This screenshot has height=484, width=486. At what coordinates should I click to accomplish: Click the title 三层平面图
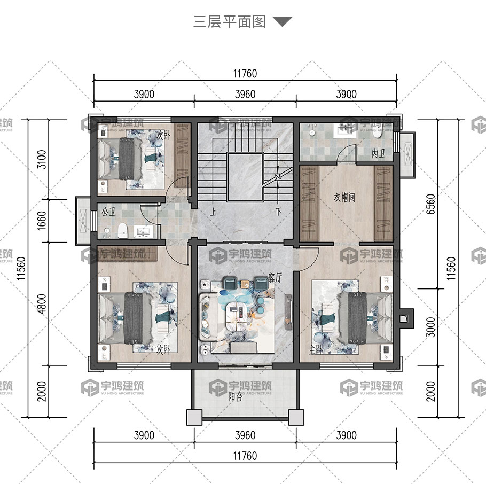pyautogui.click(x=229, y=22)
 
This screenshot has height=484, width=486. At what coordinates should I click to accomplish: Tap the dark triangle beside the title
pyautogui.click(x=283, y=21)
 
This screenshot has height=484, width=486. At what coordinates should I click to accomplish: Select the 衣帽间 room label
pyautogui.click(x=344, y=197)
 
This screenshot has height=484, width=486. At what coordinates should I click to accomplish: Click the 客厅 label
pyautogui.click(x=275, y=278)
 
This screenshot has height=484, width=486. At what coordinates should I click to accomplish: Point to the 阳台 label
pyautogui.click(x=236, y=396)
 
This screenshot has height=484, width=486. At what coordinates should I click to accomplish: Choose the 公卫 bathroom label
pyautogui.click(x=108, y=212)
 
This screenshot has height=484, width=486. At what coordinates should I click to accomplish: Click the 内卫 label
pyautogui.click(x=379, y=153)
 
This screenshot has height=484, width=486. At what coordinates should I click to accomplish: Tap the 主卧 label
pyautogui.click(x=316, y=350)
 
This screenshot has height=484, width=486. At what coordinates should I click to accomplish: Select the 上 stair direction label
pyautogui.click(x=213, y=212)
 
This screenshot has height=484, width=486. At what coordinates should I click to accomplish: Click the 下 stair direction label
pyautogui.click(x=278, y=212)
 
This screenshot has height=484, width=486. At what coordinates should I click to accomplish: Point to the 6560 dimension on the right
pyautogui.click(x=430, y=204)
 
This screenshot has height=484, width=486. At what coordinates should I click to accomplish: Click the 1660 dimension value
pyautogui.click(x=41, y=221)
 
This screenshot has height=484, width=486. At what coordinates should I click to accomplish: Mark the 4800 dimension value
pyautogui.click(x=41, y=304)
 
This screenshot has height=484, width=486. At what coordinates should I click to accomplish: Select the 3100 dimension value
pyautogui.click(x=41, y=159)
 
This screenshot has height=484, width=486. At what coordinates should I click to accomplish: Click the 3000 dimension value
pyautogui.click(x=430, y=327)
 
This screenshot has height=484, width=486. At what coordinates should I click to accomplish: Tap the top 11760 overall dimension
pyautogui.click(x=245, y=74)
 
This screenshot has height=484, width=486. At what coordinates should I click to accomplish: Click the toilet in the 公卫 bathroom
pyautogui.click(x=123, y=230)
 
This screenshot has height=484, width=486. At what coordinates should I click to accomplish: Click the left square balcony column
pyautogui.click(x=194, y=417)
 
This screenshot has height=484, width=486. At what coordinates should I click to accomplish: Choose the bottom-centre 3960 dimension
pyautogui.click(x=245, y=435)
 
